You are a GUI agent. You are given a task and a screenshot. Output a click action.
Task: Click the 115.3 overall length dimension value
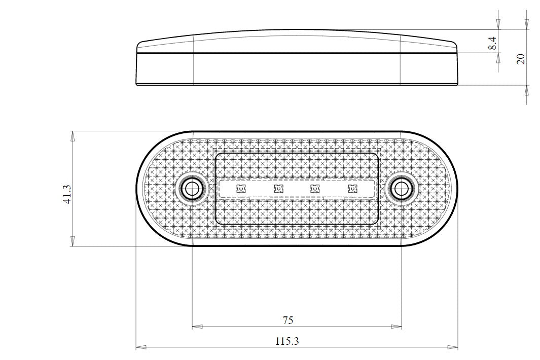[287, 341]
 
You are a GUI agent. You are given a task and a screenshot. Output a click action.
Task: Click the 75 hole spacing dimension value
[287, 320]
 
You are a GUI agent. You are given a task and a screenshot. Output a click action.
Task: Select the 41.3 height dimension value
[67, 194]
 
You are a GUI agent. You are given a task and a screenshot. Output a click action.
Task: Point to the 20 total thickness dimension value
[521, 58]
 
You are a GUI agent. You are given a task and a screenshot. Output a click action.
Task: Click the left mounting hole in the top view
[191, 189]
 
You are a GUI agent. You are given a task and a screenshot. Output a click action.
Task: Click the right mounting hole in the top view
[402, 189]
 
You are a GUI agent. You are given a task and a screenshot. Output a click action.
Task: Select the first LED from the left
[241, 189]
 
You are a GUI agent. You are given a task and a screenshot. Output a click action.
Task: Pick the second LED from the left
[278, 189]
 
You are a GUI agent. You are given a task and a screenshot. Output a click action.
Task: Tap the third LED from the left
[315, 189]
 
